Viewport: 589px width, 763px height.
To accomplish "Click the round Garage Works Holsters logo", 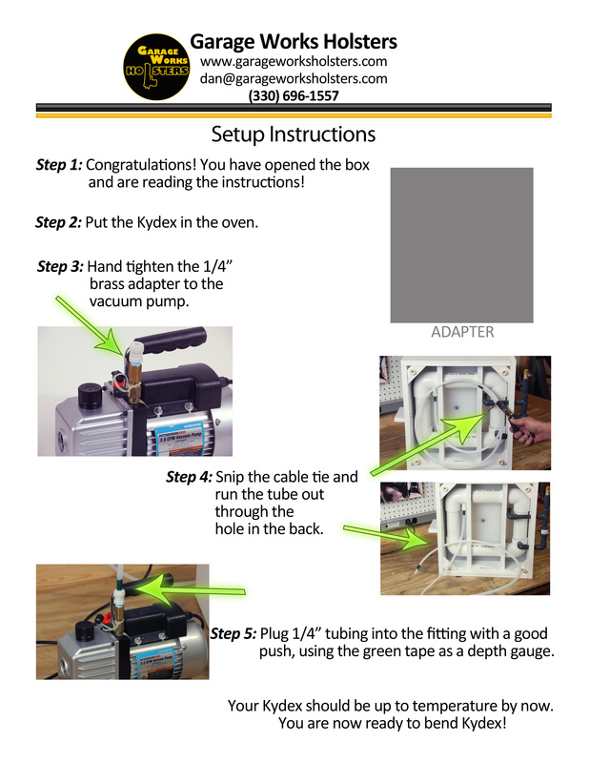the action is (x=156, y=67).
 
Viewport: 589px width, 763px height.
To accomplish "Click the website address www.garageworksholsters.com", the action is (x=294, y=61).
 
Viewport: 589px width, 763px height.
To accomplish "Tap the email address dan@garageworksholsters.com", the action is (x=294, y=78).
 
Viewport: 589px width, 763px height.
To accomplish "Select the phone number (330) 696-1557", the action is (x=294, y=95).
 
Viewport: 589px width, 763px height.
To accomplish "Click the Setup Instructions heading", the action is (x=294, y=134).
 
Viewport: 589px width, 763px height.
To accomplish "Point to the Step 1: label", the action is (x=59, y=165).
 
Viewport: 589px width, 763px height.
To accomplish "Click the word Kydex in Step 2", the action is (x=156, y=222).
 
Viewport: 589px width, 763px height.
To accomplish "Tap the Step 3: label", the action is (x=61, y=267).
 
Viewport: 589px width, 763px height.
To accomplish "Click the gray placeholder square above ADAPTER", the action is (x=461, y=245).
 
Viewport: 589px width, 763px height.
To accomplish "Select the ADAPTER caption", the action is (x=462, y=332).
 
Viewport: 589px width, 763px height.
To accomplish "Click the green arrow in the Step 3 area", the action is (x=90, y=325).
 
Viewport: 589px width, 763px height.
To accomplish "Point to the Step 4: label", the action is (x=190, y=477).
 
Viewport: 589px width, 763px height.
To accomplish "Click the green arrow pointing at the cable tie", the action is (x=429, y=443).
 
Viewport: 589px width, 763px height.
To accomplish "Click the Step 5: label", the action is (x=234, y=633).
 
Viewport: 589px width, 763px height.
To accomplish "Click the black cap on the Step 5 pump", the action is (x=85, y=631).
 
